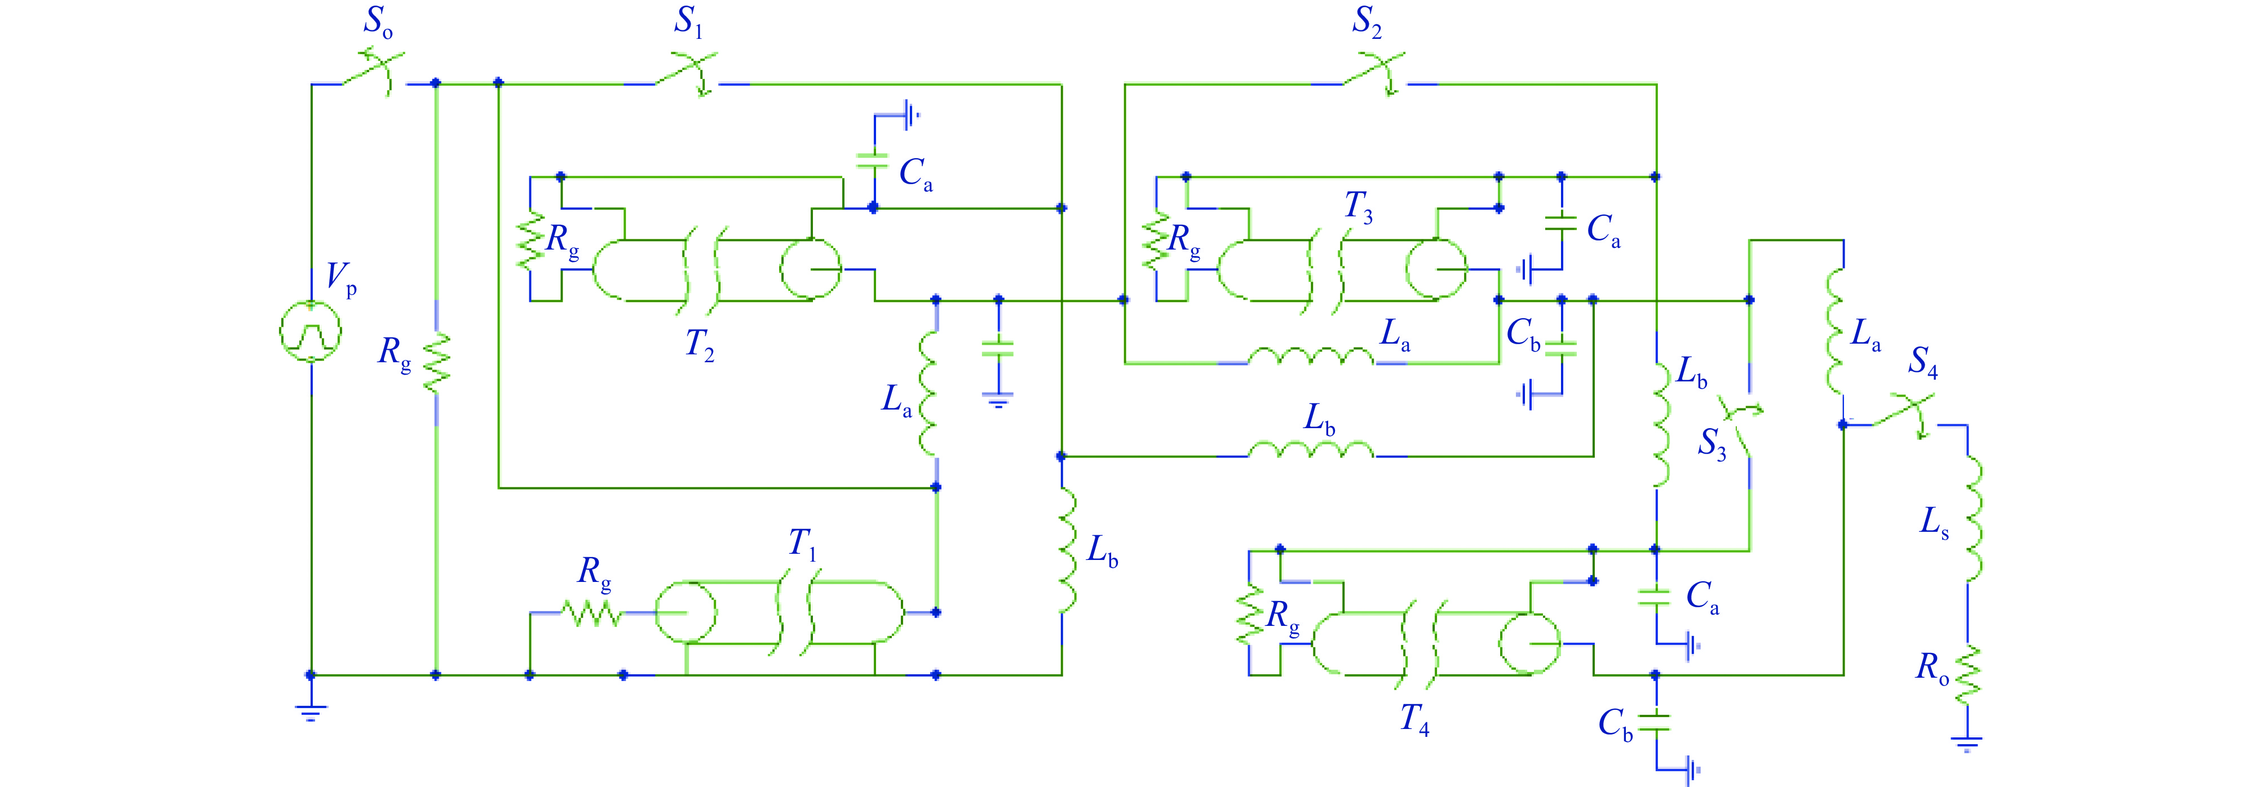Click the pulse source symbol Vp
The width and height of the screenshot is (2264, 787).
pyautogui.click(x=309, y=332)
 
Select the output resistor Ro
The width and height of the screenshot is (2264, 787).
pyautogui.click(x=1969, y=674)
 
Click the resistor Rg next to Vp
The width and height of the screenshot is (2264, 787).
pyautogui.click(x=436, y=362)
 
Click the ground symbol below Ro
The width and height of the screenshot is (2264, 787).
pyautogui.click(x=1967, y=745)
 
